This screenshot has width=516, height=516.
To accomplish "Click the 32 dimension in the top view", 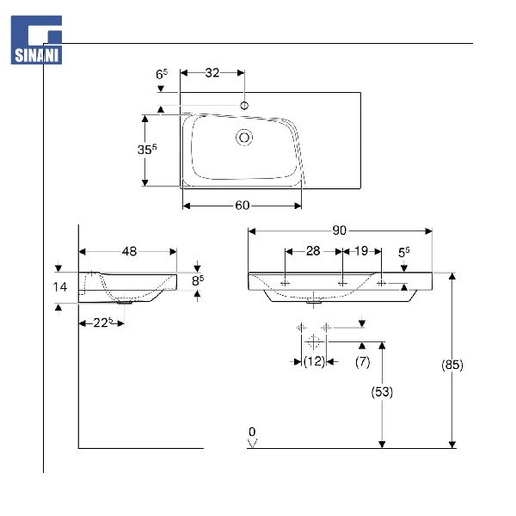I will pyautogui.click(x=212, y=73).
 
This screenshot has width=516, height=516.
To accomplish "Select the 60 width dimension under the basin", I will pyautogui.click(x=242, y=206).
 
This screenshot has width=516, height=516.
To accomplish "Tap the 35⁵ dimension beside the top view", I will pyautogui.click(x=147, y=149).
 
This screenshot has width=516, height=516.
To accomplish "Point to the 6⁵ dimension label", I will pyautogui.click(x=161, y=75).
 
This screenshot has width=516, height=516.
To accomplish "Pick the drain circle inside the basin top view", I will pyautogui.click(x=244, y=136).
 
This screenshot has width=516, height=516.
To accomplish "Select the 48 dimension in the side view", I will pyautogui.click(x=129, y=252).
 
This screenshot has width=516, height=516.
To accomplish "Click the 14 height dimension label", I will pyautogui.click(x=58, y=286).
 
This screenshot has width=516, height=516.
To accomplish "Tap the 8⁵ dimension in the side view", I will pyautogui.click(x=198, y=279).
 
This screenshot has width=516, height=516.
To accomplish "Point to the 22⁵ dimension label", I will pyautogui.click(x=103, y=322).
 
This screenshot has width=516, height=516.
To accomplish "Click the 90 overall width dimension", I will pyautogui.click(x=339, y=230).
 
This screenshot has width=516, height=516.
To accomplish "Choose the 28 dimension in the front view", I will pyautogui.click(x=313, y=251).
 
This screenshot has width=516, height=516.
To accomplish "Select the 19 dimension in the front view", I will pyautogui.click(x=361, y=251).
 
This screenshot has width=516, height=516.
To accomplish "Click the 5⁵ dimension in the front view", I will pyautogui.click(x=403, y=252).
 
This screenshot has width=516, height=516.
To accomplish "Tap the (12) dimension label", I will pyautogui.click(x=314, y=362).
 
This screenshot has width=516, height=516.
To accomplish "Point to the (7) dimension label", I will pyautogui.click(x=363, y=362).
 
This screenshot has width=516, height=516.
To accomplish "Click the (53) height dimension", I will pyautogui.click(x=382, y=391).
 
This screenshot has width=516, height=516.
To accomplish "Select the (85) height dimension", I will pyautogui.click(x=452, y=364).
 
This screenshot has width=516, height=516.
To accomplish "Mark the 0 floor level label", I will pyautogui.click(x=252, y=432).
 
